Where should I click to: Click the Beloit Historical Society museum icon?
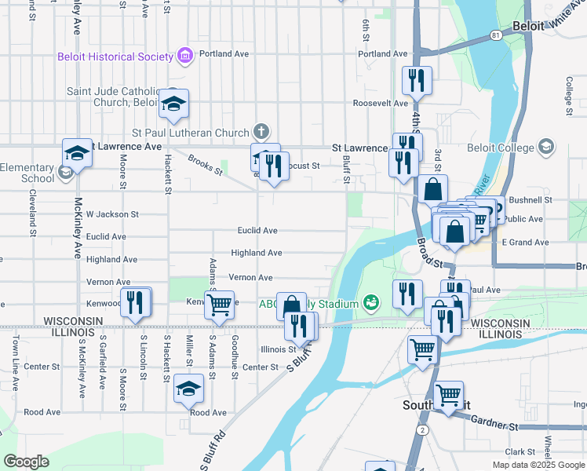tap(185, 56)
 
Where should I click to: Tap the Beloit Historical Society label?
tap(115, 57)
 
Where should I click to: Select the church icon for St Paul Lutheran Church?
tap(261, 132)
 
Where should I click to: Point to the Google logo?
tap(26, 462)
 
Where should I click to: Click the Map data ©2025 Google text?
tap(538, 465)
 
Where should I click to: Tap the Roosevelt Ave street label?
tap(381, 103)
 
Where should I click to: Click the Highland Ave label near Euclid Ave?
tap(256, 253)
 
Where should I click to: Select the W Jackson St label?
tap(112, 214)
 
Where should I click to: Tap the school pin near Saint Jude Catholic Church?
tap(173, 103)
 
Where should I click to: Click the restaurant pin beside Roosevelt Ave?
tap(416, 80)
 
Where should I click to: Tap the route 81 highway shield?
tap(494, 36)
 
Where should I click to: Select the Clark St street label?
tap(520, 451)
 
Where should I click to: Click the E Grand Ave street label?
tap(525, 243)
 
